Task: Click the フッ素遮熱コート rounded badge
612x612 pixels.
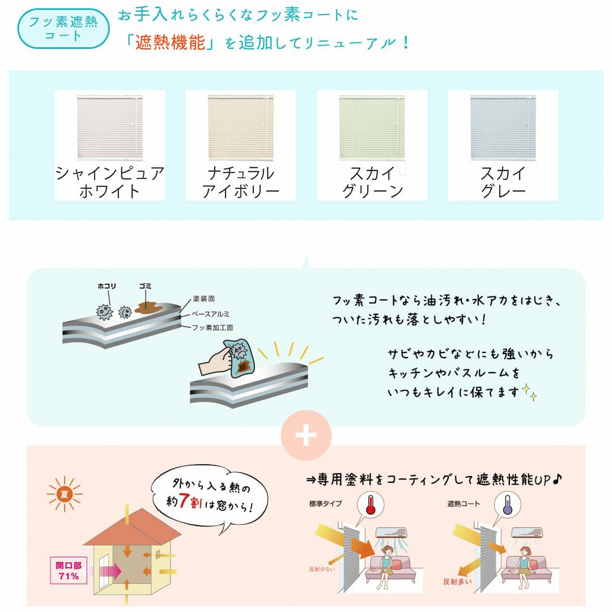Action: coord(63,29)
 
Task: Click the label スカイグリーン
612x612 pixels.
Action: coord(372,182)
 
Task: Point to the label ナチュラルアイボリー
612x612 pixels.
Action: coord(241,182)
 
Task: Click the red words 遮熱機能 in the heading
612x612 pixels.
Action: coord(170,42)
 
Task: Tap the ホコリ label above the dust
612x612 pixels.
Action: coord(107,286)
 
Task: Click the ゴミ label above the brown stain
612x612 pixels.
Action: coord(145,286)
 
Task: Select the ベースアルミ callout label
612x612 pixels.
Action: coord(210,314)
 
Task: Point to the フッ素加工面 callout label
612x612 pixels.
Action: coord(212,328)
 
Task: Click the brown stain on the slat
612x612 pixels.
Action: coord(148,308)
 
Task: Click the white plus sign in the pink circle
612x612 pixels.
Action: coord(306,435)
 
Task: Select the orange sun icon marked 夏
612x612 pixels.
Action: coord(65,494)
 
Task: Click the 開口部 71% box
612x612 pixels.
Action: coord(69,571)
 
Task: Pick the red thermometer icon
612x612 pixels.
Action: coord(371,504)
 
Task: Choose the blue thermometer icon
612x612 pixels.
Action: coord(507,504)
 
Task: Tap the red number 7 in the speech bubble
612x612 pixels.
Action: coord(184,501)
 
